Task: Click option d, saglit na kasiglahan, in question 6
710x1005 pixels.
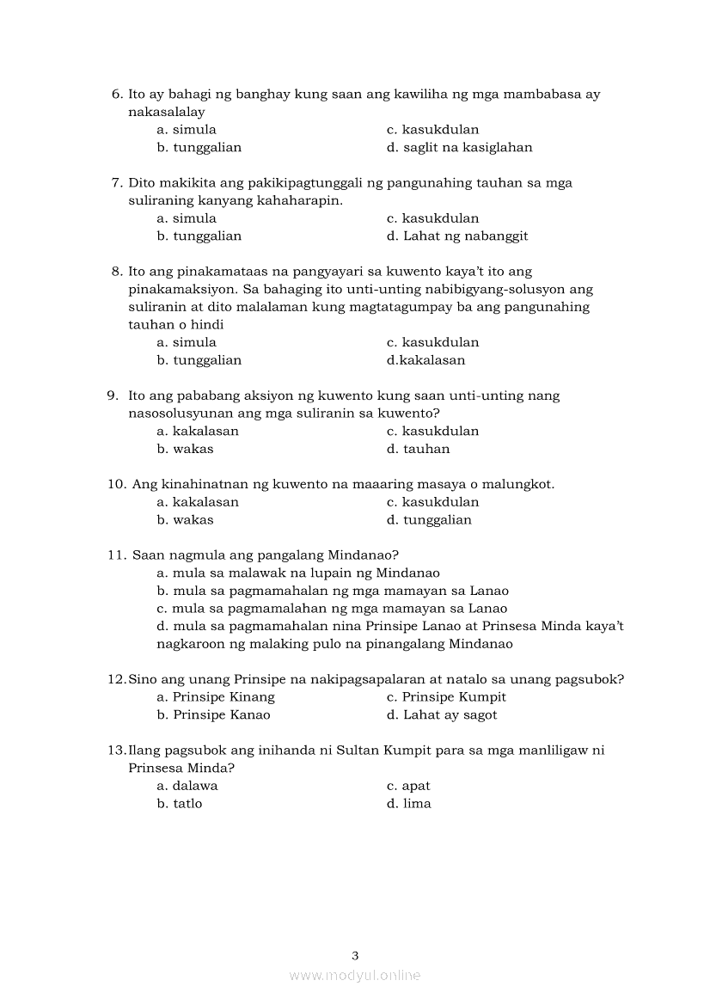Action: (x=459, y=147)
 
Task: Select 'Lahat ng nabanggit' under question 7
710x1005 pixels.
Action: (x=457, y=236)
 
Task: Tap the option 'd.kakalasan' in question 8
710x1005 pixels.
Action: (x=425, y=360)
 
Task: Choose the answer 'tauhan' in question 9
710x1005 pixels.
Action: (x=418, y=449)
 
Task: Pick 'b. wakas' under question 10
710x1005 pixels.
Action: (x=185, y=520)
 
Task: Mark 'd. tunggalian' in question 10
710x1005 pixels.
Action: (x=429, y=520)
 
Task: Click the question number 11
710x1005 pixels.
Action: (x=117, y=555)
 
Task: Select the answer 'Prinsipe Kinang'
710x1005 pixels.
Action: (x=216, y=697)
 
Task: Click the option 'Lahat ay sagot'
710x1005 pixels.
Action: (x=442, y=715)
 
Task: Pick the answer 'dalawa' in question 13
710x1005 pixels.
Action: (x=187, y=786)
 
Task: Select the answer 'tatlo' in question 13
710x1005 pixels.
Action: (x=180, y=804)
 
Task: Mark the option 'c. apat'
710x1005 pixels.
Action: (x=408, y=786)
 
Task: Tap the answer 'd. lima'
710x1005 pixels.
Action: (x=409, y=804)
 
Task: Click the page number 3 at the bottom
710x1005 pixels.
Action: (x=355, y=955)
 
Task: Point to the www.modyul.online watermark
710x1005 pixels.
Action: (x=355, y=976)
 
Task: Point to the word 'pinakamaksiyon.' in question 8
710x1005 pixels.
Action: (x=178, y=290)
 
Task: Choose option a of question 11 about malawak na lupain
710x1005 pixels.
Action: (x=298, y=573)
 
